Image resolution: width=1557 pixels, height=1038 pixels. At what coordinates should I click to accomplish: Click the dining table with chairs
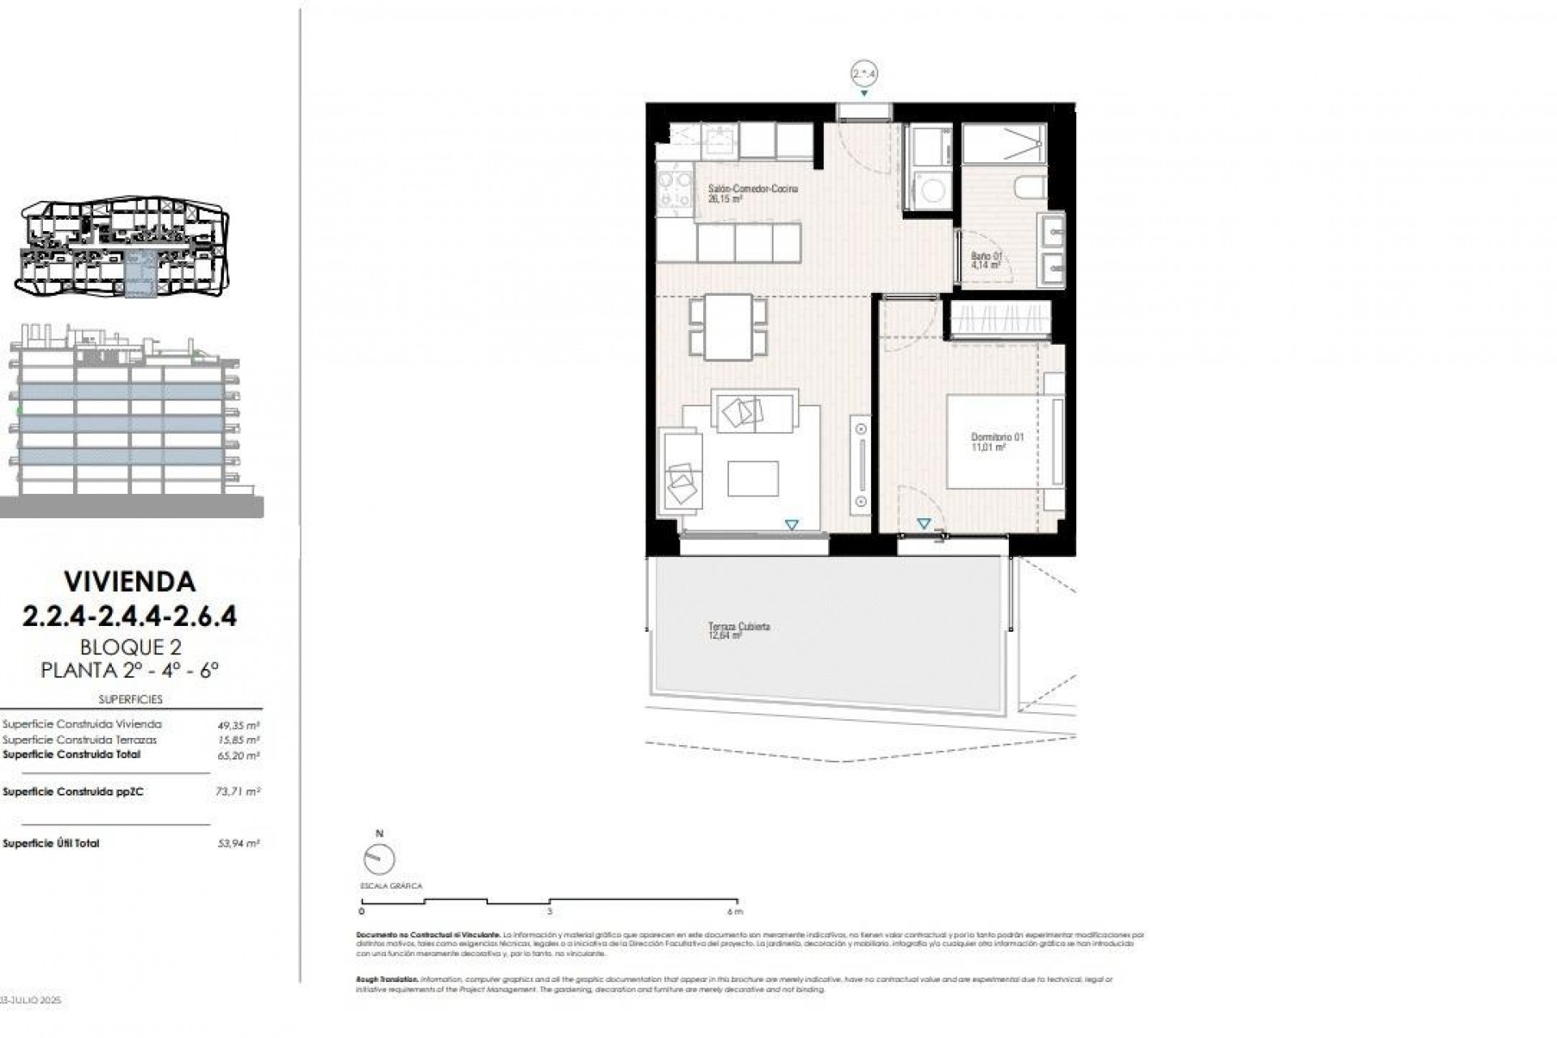click(x=728, y=326)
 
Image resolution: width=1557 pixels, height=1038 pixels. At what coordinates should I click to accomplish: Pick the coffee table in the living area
click(x=753, y=478)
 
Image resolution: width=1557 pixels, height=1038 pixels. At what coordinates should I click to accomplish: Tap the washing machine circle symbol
click(x=933, y=192)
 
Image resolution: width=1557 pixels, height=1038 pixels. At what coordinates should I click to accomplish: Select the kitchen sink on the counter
click(x=717, y=142)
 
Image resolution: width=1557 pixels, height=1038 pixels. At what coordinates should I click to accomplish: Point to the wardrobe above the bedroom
click(x=1001, y=319)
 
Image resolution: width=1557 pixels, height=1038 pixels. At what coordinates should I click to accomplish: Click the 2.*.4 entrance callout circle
click(x=864, y=74)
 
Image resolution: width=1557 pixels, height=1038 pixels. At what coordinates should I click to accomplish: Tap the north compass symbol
click(x=380, y=859)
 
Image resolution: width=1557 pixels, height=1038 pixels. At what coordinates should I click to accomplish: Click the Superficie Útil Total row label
click(x=51, y=843)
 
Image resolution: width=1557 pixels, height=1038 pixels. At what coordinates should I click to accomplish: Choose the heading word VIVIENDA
click(x=130, y=581)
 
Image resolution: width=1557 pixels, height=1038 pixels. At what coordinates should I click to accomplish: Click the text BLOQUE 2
click(x=130, y=646)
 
